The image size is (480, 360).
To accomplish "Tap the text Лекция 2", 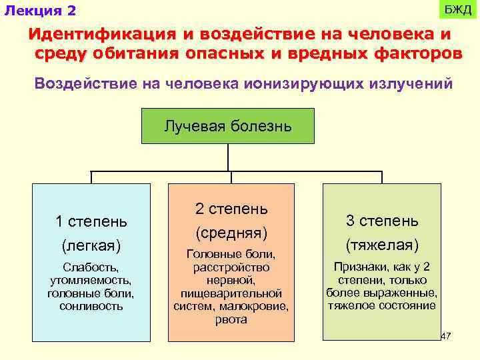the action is pos(41,11).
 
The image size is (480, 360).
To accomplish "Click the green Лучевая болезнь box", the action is pos(228,125).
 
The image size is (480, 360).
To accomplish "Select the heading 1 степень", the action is pos(91,221).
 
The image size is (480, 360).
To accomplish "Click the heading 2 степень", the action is pos(231,209).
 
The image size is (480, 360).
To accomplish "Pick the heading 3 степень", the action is pos(382,221).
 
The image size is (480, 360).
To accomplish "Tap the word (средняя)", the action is pos(231,233).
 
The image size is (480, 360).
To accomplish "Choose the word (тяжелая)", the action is pos(382,245).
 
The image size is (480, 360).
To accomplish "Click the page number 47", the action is pos(446,336).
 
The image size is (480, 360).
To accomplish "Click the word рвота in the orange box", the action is pos(231,319).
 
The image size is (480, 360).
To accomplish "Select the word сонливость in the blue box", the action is pos(91,306).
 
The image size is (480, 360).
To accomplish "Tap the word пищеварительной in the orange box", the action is pos(231,293).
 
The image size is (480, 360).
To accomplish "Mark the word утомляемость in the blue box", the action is pos(91,280).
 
